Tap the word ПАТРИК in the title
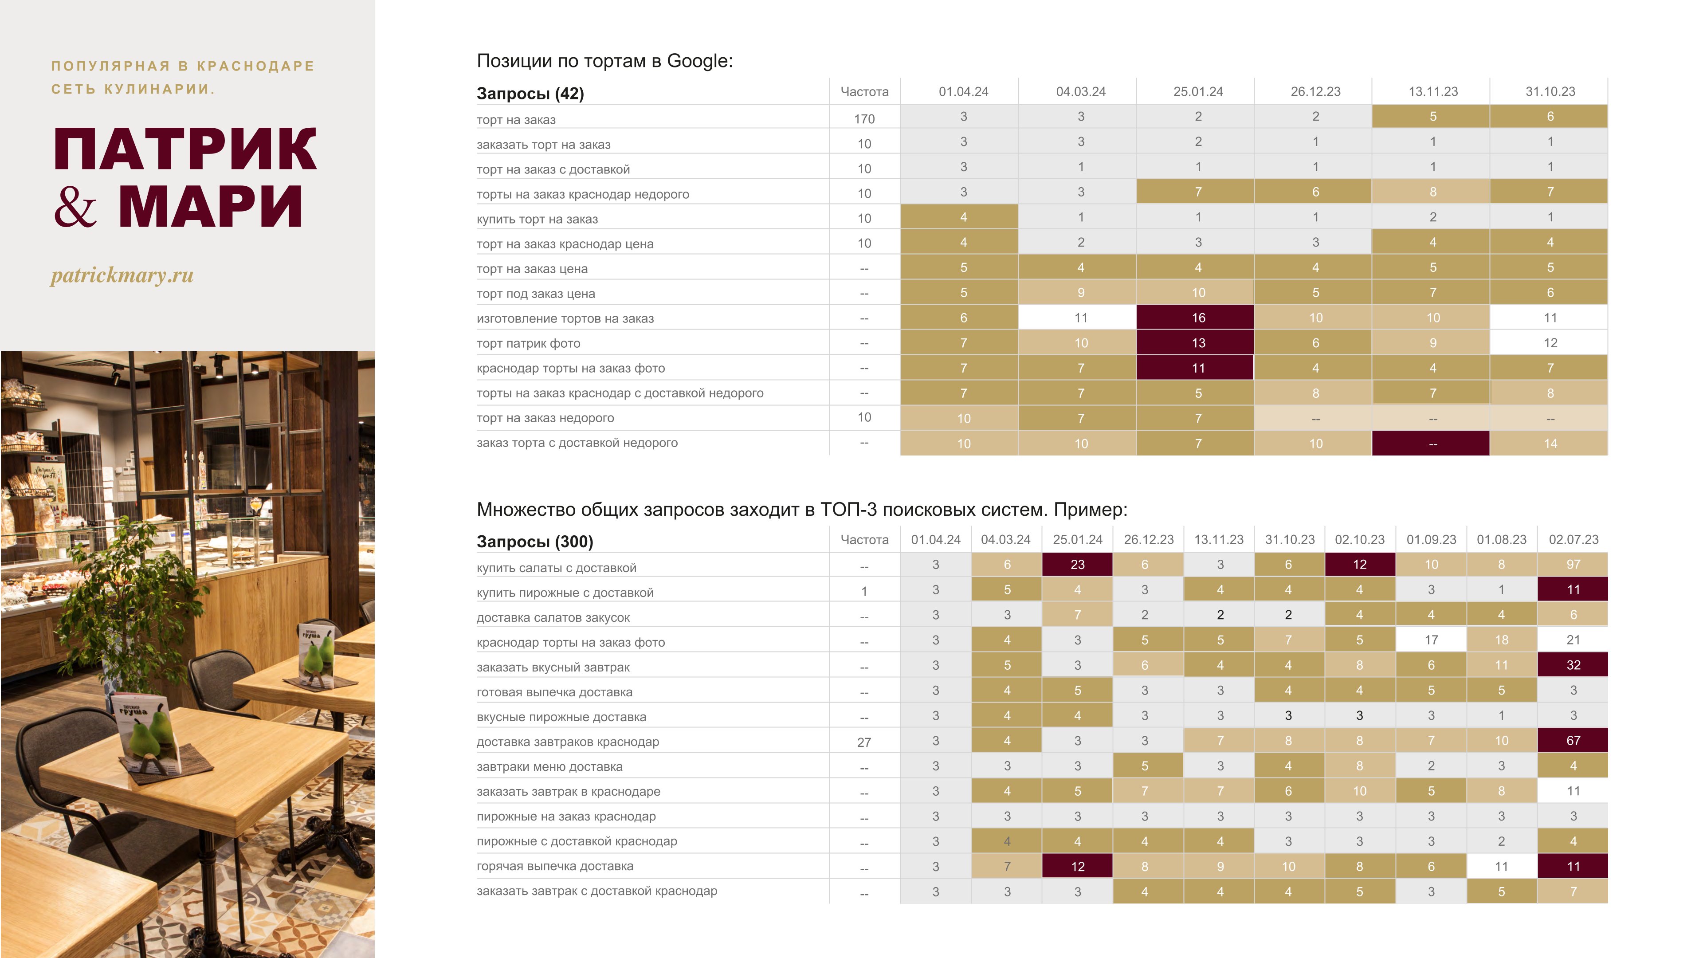click(185, 149)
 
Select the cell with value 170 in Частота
click(864, 119)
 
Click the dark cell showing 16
click(1198, 318)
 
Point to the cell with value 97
click(1573, 565)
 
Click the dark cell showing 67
click(1573, 741)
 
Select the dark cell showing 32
click(1573, 665)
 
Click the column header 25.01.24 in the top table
click(1198, 92)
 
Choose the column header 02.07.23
click(1573, 539)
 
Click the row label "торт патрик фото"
click(528, 344)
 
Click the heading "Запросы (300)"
click(535, 542)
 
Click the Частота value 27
click(864, 742)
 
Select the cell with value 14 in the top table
click(1550, 444)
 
